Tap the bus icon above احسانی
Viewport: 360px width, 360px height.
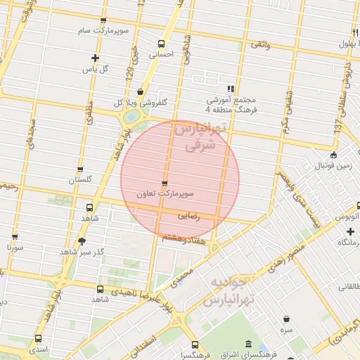point(162,44)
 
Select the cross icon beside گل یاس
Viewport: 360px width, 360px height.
point(96,58)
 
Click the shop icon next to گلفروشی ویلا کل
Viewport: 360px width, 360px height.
point(141,92)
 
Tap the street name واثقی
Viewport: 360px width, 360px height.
point(260,45)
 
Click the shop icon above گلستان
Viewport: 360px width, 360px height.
point(80,169)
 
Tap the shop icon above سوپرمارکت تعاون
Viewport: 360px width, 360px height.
point(165,184)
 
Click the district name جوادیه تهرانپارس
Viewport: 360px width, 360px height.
point(226,290)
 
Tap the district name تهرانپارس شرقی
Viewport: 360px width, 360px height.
point(202,138)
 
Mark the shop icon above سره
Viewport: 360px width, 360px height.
point(286,319)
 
